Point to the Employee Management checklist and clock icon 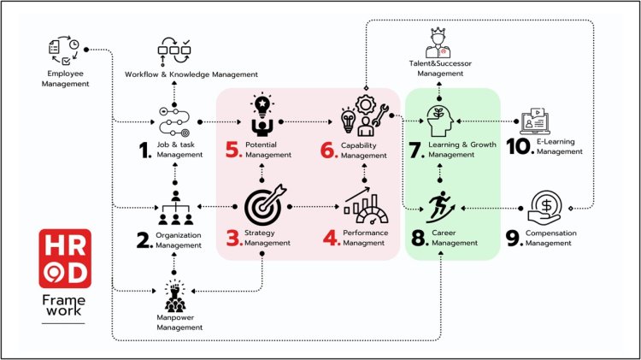coord(63,54)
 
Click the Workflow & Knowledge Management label coord(179,74)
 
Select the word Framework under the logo coord(64,305)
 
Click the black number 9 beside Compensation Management coord(513,236)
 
